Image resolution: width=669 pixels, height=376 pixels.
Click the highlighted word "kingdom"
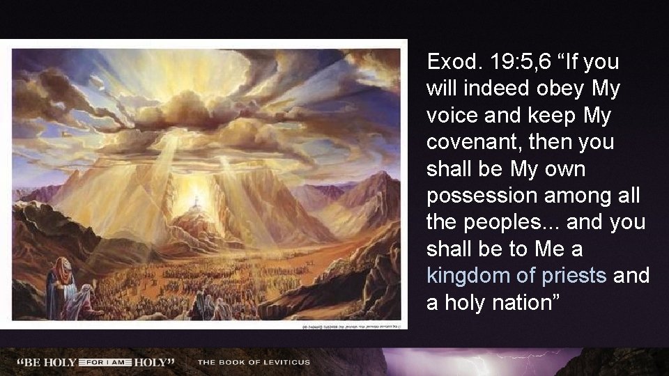tap(466, 276)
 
